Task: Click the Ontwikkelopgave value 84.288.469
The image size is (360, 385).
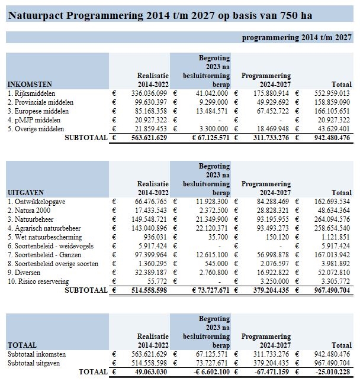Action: pyautogui.click(x=268, y=202)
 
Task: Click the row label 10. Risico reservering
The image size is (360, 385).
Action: pyautogui.click(x=38, y=282)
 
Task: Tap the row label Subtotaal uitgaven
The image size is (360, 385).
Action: pyautogui.click(x=34, y=363)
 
